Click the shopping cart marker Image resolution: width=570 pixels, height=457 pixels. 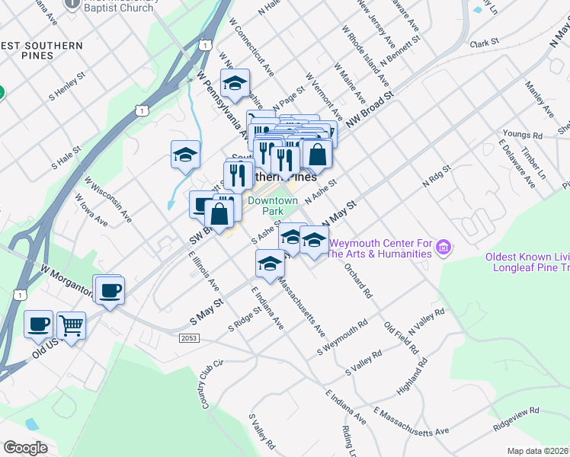tap(71, 326)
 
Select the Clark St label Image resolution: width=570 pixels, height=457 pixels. tap(484, 43)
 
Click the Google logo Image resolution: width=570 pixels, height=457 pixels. tap(25, 448)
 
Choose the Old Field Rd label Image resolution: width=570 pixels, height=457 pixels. tap(402, 338)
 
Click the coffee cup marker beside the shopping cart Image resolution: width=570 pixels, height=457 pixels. tap(38, 324)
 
